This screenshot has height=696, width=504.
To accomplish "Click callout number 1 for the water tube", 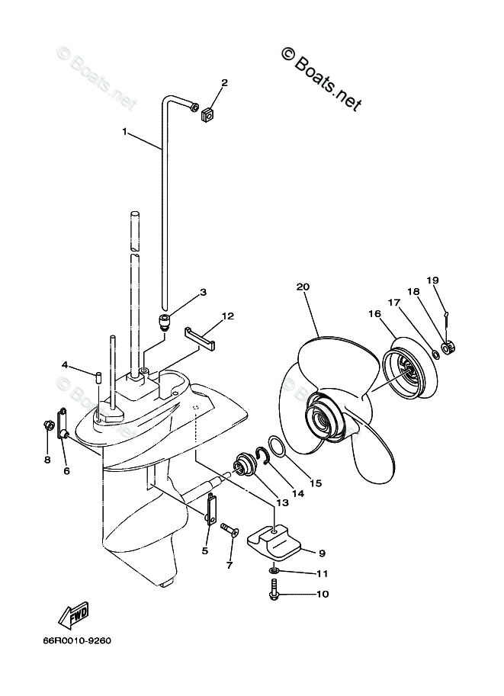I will [x=125, y=131].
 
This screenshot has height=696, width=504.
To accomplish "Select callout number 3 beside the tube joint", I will [x=203, y=291].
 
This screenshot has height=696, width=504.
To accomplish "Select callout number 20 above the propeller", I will [x=303, y=287].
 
